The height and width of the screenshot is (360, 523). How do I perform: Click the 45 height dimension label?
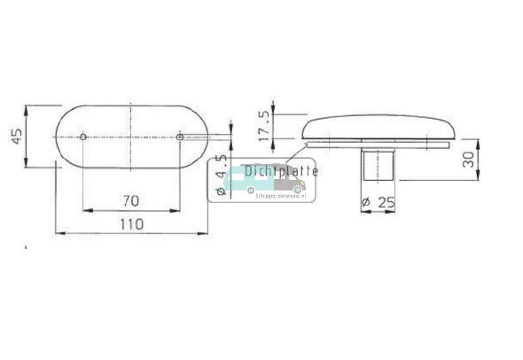[17, 136]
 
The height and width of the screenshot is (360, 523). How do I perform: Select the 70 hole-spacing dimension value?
[131, 201]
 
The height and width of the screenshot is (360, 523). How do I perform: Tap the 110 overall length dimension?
[132, 224]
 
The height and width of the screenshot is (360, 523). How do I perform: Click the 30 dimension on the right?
[468, 159]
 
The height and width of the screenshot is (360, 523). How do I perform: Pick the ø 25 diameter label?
[378, 203]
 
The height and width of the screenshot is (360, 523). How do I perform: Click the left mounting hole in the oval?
[83, 137]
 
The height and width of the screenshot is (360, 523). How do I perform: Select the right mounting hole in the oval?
[179, 137]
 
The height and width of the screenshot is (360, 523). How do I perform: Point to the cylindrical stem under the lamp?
[378, 164]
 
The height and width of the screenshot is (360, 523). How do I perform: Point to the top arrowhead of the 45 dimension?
[26, 109]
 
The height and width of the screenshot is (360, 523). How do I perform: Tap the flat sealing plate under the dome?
[378, 146]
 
